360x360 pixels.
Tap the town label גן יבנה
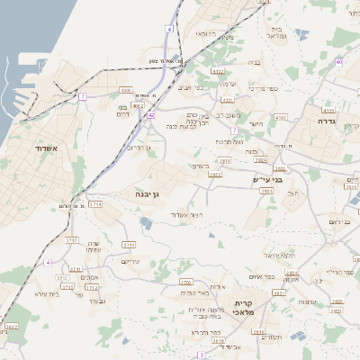147,193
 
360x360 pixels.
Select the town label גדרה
326,120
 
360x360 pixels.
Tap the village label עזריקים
130,261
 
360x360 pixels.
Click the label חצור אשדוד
188,215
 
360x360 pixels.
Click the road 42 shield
151,115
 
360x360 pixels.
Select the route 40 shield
338,61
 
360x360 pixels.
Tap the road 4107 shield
280,117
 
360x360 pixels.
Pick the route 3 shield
201,355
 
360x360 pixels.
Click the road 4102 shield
217,69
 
